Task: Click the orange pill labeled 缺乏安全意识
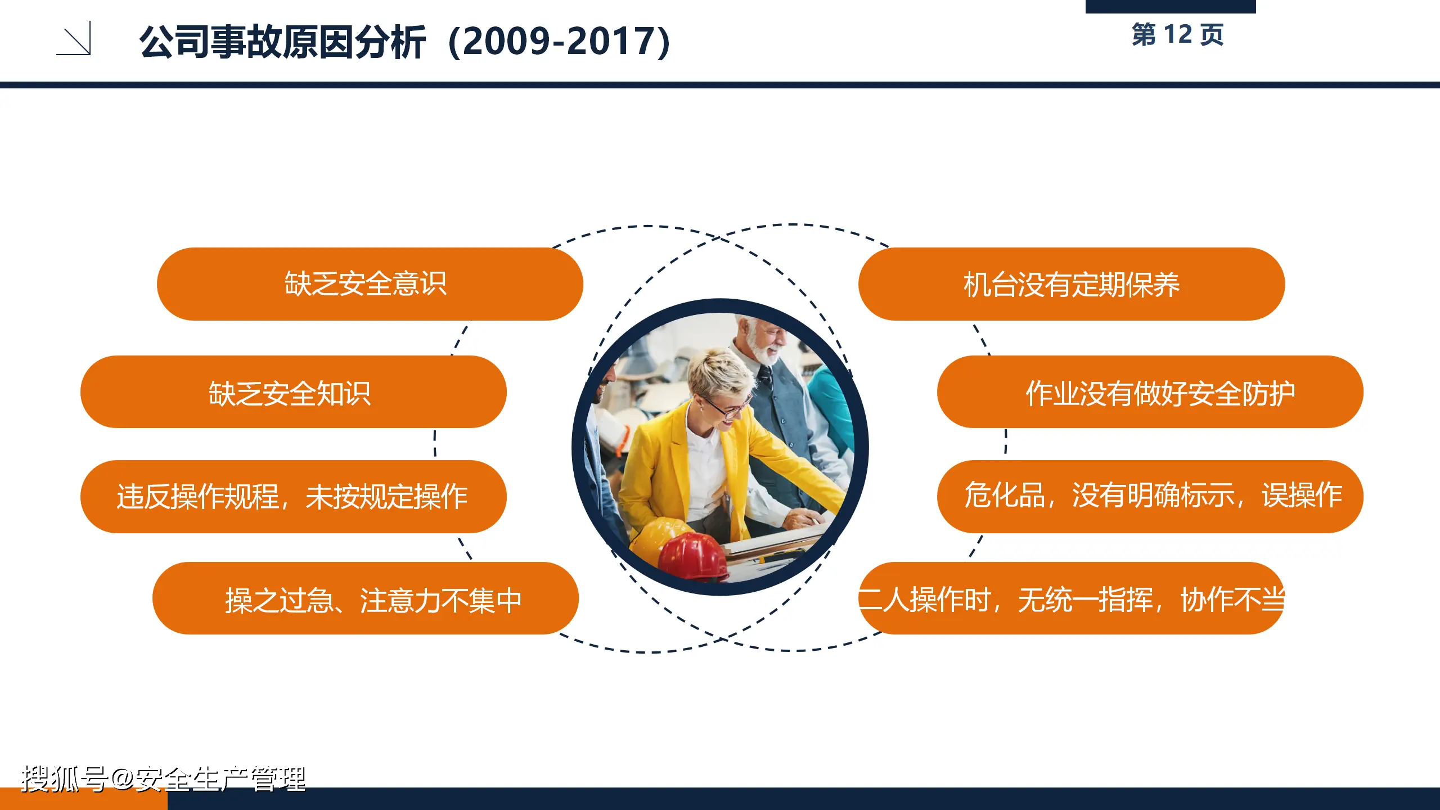(370, 284)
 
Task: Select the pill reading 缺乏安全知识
(293, 392)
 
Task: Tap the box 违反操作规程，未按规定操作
(293, 497)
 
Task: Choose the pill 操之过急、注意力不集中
(365, 598)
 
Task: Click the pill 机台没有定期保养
(1071, 284)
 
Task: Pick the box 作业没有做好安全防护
(1150, 392)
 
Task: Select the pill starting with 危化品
(1150, 497)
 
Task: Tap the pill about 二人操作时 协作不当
(1071, 598)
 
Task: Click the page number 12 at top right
(1178, 35)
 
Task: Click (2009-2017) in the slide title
(560, 42)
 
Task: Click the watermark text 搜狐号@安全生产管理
(163, 779)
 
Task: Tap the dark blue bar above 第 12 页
(1170, 6)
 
